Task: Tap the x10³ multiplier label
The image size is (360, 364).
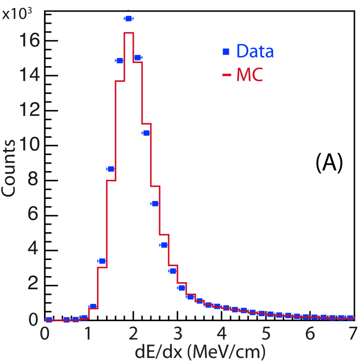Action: [17, 14]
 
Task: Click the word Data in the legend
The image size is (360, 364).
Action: [255, 51]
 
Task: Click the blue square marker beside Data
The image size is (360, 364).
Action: [226, 51]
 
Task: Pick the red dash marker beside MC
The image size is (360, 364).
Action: [227, 76]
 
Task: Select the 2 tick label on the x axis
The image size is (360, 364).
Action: [133, 334]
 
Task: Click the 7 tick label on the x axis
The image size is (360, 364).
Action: [352, 334]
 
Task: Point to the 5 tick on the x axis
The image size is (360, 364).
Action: [266, 334]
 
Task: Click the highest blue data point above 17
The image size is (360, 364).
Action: [128, 19]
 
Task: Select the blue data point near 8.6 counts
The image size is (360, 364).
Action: [111, 169]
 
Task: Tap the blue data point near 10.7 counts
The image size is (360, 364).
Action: [146, 133]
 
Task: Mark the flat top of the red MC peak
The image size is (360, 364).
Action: [128, 33]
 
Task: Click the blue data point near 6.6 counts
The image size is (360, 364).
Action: [155, 203]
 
